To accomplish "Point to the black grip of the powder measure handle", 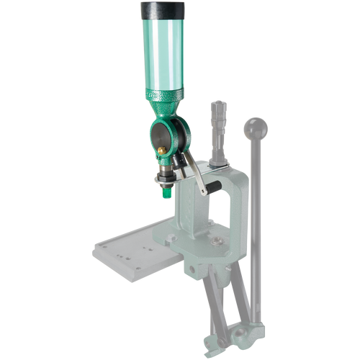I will tap(209, 189).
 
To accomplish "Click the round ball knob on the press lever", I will tap(256, 129).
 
